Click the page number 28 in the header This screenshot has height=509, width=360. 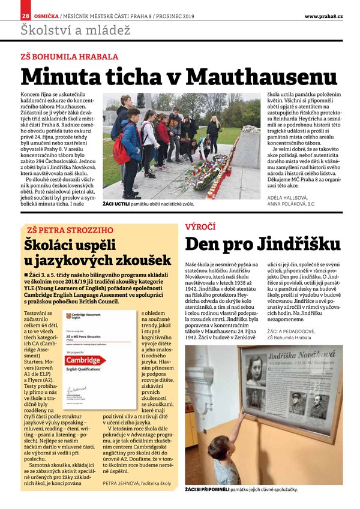point(25,16)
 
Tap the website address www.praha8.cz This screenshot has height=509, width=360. point(323,16)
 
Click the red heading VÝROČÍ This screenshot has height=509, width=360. point(200,227)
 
